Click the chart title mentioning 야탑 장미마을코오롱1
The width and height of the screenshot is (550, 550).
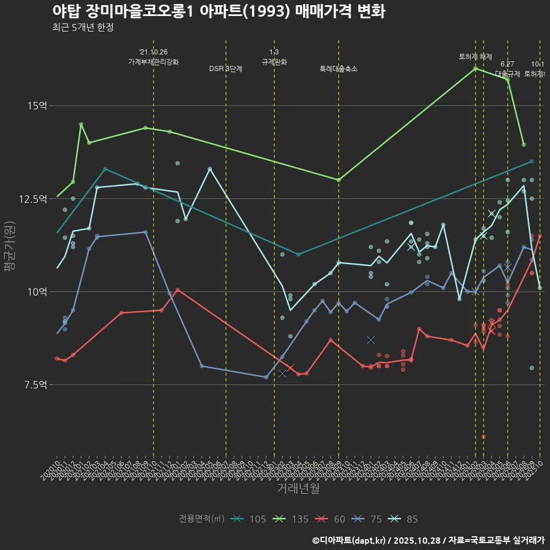coord(218,11)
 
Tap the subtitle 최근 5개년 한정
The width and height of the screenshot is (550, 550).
coord(82,27)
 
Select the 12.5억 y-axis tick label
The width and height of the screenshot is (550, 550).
coord(34,199)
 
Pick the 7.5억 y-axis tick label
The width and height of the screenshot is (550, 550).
coord(36,384)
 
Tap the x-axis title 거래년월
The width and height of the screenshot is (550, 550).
coord(298,488)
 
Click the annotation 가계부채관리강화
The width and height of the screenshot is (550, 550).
coord(154,62)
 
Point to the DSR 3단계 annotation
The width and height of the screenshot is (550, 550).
coord(226,69)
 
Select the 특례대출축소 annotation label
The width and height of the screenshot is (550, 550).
coord(339,69)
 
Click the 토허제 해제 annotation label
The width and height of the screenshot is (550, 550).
coord(476,57)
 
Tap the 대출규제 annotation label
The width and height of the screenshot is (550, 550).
coord(508,74)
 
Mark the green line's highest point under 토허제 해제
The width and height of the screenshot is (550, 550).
coord(476,69)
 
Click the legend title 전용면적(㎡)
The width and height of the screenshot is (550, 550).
coord(201,519)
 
